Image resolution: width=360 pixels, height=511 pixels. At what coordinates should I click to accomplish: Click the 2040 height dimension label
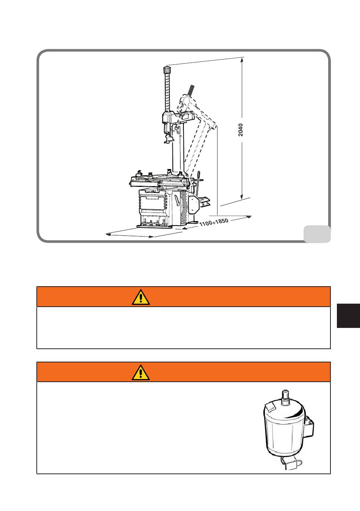(x=241, y=130)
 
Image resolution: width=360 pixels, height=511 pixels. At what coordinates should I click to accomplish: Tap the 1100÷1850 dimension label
(x=214, y=222)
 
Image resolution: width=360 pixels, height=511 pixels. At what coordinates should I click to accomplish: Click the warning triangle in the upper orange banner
(x=141, y=297)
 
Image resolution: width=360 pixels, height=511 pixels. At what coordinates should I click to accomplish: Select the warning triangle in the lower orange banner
(x=141, y=372)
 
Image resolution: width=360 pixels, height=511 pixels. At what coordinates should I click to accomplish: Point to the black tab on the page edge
(x=348, y=316)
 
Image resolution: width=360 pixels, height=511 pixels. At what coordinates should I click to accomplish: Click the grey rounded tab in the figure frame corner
(x=317, y=234)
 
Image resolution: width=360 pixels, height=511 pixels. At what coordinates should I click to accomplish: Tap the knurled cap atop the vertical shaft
(x=167, y=70)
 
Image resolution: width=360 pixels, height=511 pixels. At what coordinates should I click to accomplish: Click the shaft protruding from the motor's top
(x=285, y=398)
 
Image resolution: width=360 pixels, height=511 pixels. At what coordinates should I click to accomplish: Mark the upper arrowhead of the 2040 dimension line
(x=242, y=60)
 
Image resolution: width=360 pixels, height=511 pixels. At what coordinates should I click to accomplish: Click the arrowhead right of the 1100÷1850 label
(x=249, y=217)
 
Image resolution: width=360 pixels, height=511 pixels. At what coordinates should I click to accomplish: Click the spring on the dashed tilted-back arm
(x=191, y=90)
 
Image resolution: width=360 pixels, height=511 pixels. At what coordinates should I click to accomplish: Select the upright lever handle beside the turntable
(x=198, y=183)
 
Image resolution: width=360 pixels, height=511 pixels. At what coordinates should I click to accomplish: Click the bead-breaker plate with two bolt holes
(x=193, y=205)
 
